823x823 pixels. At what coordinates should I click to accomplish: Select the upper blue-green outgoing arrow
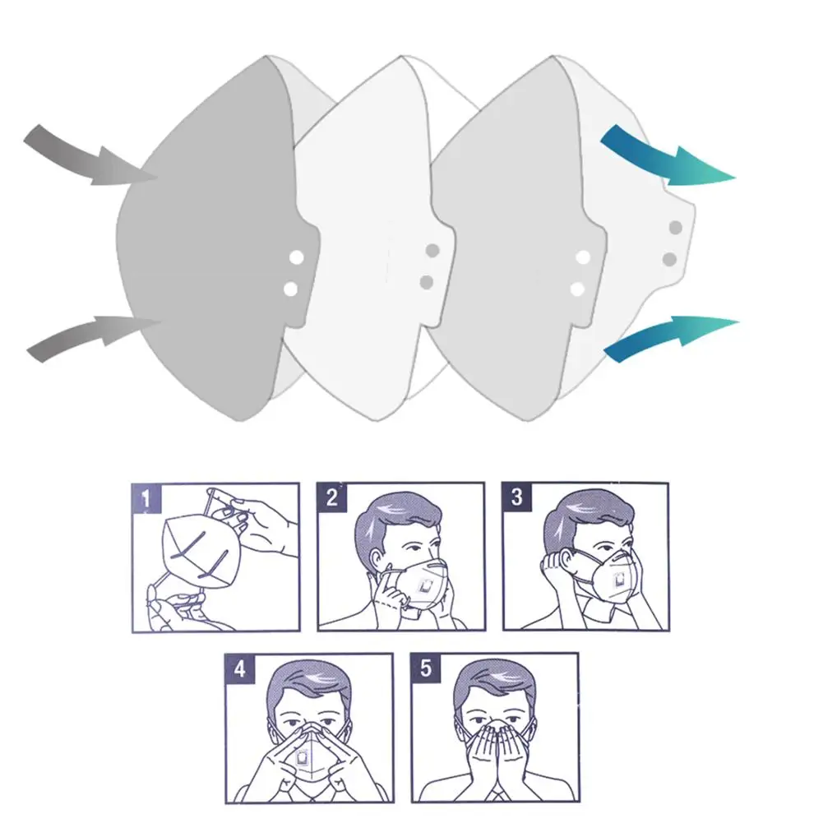click(667, 158)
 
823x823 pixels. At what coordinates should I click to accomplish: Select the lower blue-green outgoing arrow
click(672, 336)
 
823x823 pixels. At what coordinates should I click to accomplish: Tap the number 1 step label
click(146, 498)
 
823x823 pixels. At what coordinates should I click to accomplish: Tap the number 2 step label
click(331, 497)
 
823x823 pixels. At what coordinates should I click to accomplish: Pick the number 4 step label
click(239, 669)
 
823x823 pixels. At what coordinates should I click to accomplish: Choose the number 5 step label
click(426, 668)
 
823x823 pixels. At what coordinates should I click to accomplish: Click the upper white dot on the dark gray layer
click(297, 257)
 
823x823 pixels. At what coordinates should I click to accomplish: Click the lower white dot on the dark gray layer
click(290, 289)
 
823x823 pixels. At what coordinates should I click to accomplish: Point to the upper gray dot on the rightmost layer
click(676, 228)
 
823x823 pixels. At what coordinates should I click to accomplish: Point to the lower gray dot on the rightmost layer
click(669, 259)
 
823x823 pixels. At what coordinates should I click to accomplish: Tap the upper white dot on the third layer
click(583, 257)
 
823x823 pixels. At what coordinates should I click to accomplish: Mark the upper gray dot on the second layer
click(432, 251)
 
